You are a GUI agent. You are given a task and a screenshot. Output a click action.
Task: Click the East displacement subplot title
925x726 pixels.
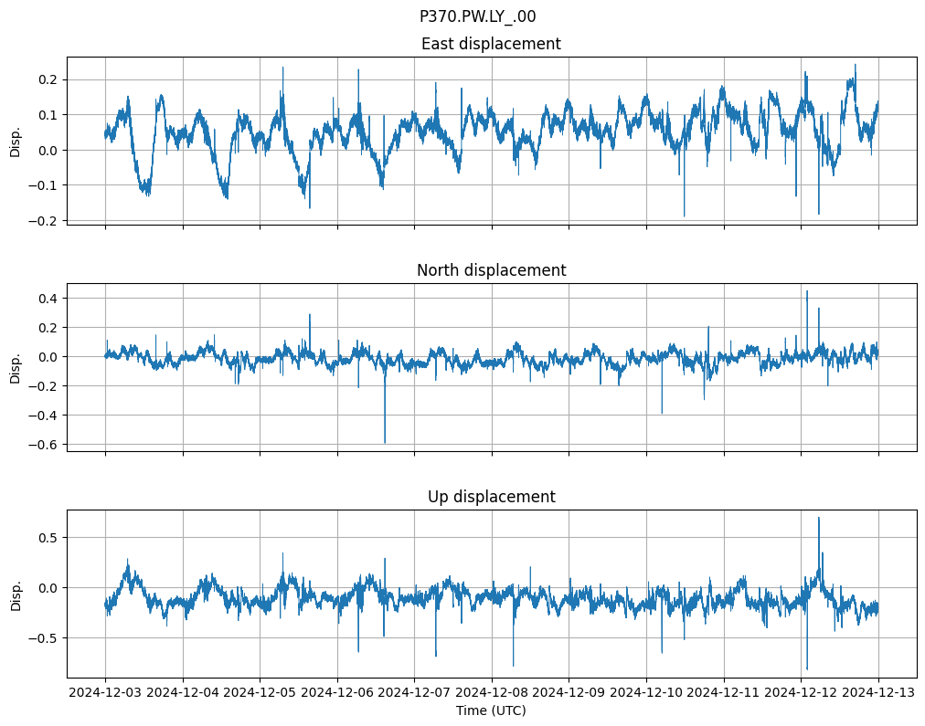tap(491, 44)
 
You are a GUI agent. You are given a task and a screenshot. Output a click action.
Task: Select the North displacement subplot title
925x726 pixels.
tap(491, 270)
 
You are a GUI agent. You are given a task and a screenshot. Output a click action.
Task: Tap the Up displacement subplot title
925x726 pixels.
tap(491, 497)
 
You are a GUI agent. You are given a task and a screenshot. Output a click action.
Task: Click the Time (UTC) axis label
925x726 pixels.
tap(491, 710)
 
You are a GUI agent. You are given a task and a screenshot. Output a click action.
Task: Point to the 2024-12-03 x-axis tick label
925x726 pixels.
tap(105, 693)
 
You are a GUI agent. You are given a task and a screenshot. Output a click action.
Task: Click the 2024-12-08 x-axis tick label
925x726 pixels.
tap(492, 693)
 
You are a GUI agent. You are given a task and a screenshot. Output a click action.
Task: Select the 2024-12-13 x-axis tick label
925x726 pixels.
tap(879, 693)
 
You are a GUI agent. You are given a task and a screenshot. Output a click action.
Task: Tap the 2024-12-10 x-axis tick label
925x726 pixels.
tap(646, 693)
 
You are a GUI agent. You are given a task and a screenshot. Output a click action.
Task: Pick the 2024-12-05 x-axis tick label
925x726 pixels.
tap(260, 693)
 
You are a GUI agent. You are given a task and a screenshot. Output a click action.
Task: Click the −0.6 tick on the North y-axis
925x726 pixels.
tap(46, 445)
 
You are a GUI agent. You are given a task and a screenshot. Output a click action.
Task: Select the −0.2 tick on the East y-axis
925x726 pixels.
tap(46, 220)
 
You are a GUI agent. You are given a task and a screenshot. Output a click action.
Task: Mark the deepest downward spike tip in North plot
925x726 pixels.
tap(385, 443)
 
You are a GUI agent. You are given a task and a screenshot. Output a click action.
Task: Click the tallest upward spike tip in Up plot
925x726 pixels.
tap(818, 518)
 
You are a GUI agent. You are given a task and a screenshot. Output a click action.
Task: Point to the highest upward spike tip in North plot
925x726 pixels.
tap(807, 290)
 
